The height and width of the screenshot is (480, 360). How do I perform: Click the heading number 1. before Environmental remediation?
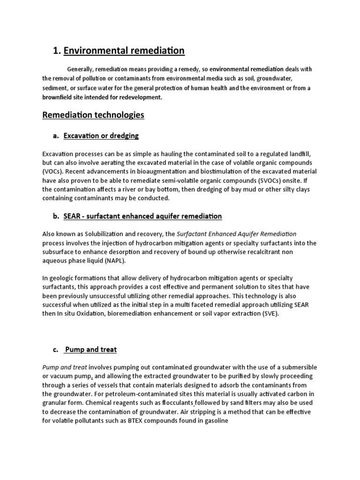57,51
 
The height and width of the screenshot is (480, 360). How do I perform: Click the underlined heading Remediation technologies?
93,115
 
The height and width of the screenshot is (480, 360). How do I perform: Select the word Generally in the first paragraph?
81,69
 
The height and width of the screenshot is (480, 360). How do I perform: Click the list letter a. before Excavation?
55,136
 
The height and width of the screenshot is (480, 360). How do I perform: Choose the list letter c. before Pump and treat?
55,349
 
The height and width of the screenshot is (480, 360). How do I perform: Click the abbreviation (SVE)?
269,314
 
